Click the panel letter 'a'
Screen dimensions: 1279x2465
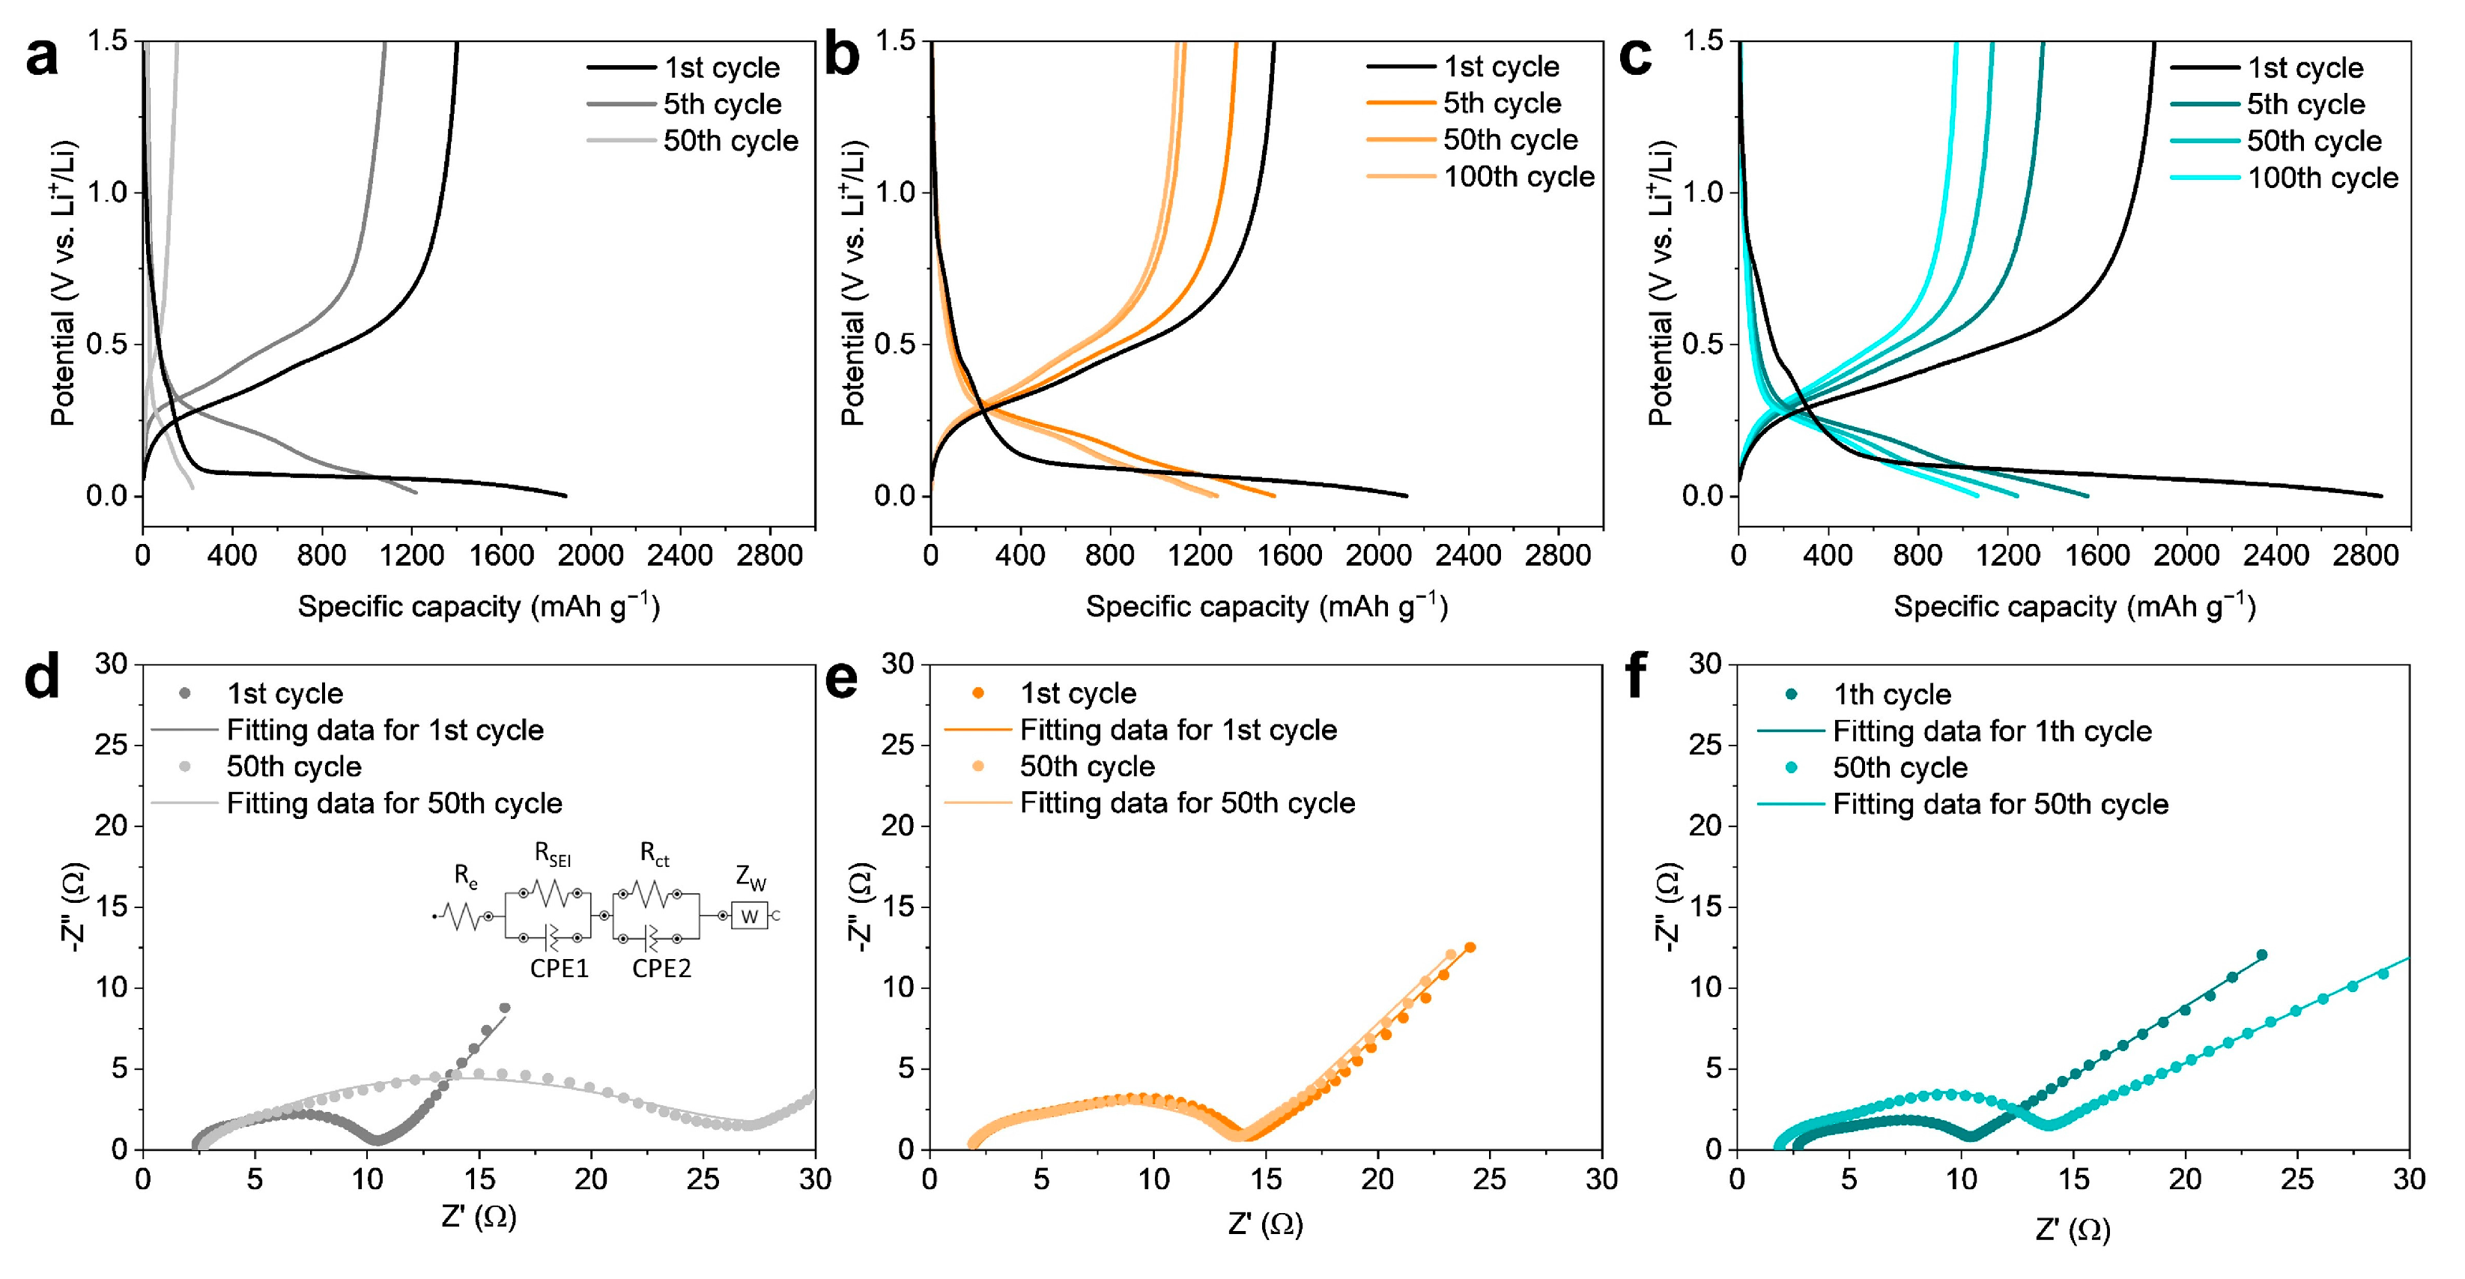[42, 58]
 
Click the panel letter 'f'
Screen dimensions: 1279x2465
[1637, 676]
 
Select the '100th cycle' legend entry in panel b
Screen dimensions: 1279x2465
[1517, 177]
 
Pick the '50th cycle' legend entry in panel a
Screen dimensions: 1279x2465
[730, 141]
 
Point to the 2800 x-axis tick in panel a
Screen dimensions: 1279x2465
[768, 555]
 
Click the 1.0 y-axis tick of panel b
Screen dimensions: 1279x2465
[896, 193]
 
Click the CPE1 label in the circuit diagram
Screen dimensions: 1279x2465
[559, 969]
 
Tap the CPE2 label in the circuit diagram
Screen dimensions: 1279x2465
[661, 969]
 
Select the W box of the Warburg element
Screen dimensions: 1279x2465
[749, 917]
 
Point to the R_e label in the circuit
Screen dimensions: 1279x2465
[465, 875]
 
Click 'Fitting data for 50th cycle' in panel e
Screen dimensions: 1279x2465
[1186, 803]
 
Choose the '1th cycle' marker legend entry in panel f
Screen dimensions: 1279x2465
[1891, 694]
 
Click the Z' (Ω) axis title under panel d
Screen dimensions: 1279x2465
[479, 1217]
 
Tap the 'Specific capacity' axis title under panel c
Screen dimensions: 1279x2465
[2073, 607]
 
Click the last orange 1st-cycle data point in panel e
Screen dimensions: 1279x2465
[1470, 948]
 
